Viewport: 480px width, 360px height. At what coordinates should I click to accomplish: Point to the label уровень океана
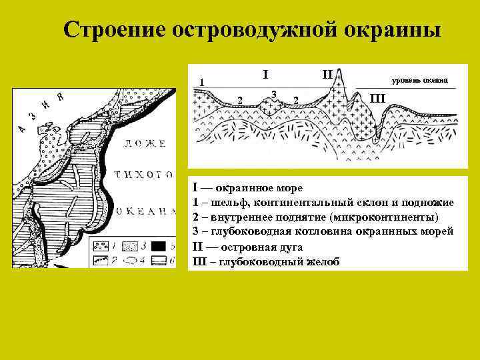[x=419, y=81]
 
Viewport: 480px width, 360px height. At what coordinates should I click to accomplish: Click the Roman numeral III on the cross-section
[x=377, y=99]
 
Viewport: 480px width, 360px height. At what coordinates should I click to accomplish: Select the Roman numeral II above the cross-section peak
[x=328, y=73]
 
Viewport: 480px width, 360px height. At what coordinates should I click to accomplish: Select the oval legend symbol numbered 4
[x=131, y=259]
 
